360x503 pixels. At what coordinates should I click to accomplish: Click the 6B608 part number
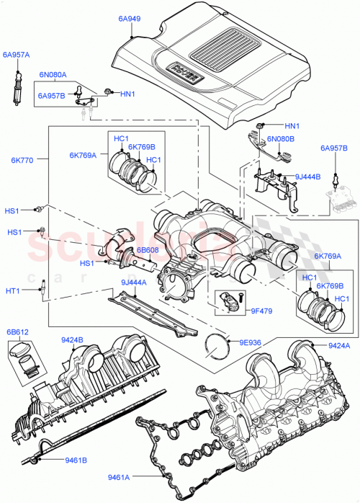click(148, 249)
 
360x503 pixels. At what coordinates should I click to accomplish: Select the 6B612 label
click(19, 331)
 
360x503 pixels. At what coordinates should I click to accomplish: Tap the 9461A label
click(119, 476)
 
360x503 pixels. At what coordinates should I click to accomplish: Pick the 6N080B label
click(282, 138)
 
